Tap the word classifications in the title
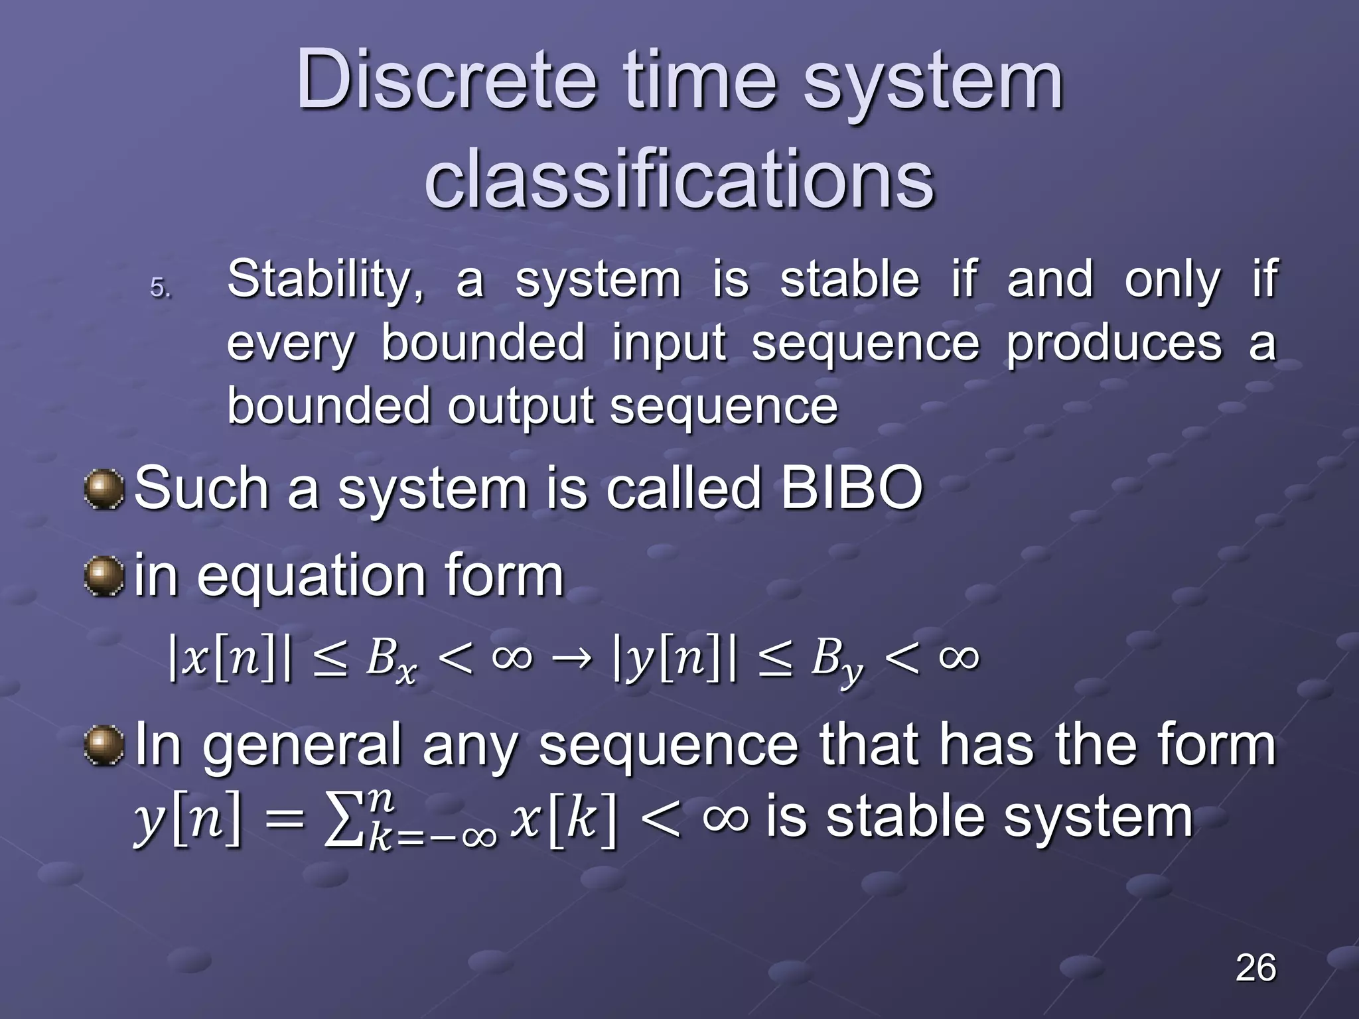click(x=679, y=180)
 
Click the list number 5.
click(x=160, y=288)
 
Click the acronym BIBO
click(x=851, y=488)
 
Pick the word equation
click(x=311, y=576)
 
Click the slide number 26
click(x=1255, y=968)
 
